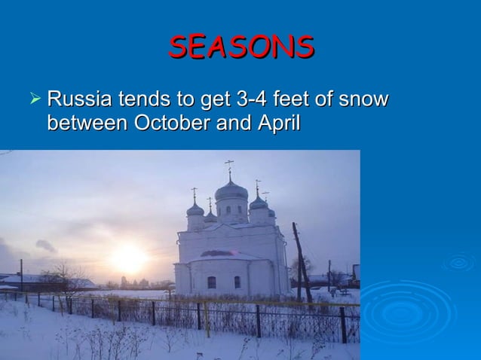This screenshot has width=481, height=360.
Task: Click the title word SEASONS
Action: click(x=241, y=47)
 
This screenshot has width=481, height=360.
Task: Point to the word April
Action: click(x=279, y=123)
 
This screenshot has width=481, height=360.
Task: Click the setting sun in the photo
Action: click(x=129, y=258)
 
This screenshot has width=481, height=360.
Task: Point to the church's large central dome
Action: click(x=231, y=191)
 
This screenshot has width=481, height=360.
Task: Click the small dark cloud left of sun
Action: click(x=45, y=246)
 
